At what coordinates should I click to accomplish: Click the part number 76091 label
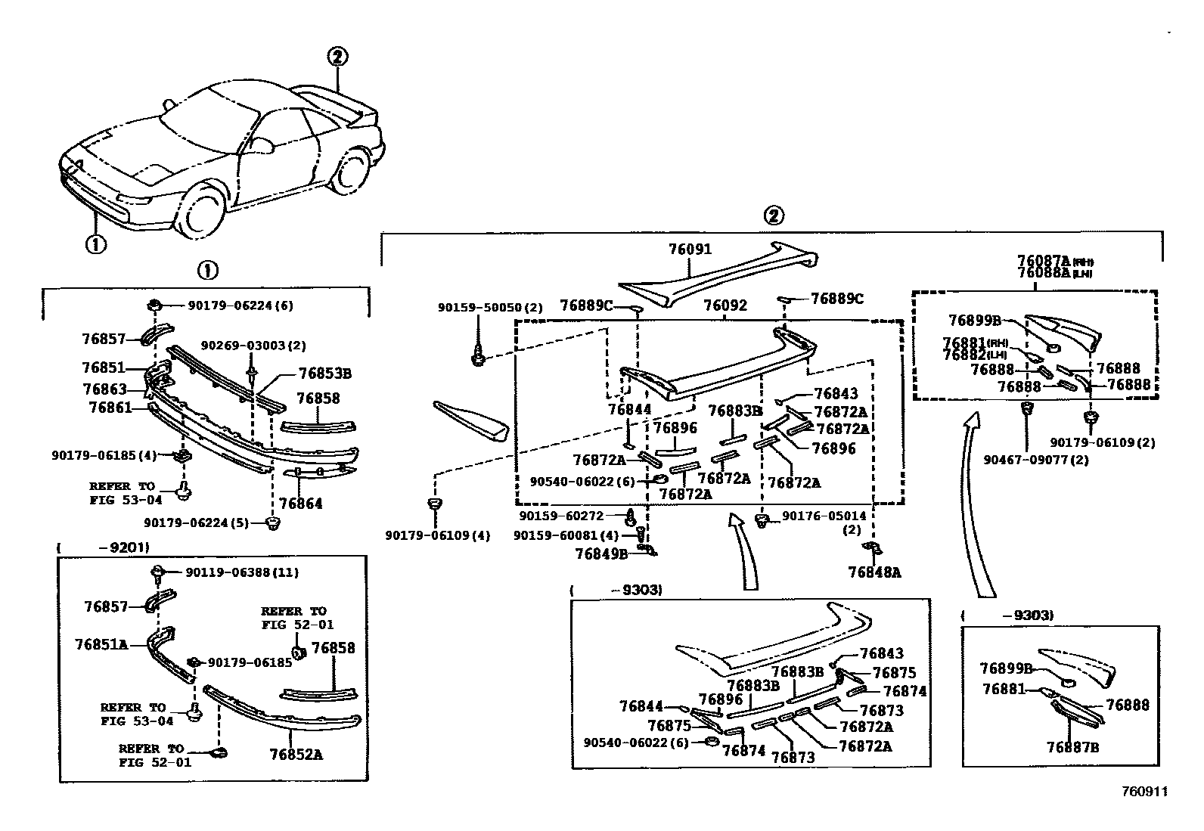(x=690, y=249)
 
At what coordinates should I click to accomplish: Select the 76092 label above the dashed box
(x=725, y=305)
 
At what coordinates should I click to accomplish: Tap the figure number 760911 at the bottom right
(x=1145, y=792)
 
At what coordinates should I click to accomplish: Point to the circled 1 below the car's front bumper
(x=95, y=244)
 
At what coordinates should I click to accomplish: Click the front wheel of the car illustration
(x=200, y=212)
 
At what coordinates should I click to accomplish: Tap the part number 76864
(x=300, y=504)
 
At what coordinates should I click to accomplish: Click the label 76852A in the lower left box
(x=296, y=754)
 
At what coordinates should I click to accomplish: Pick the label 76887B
(x=1072, y=747)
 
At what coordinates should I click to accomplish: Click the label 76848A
(x=874, y=572)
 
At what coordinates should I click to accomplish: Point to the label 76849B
(x=601, y=553)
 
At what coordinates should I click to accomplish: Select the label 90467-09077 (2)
(x=1035, y=459)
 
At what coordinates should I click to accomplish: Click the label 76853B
(x=325, y=373)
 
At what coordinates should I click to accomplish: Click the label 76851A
(x=101, y=644)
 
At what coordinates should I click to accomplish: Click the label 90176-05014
(x=824, y=516)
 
